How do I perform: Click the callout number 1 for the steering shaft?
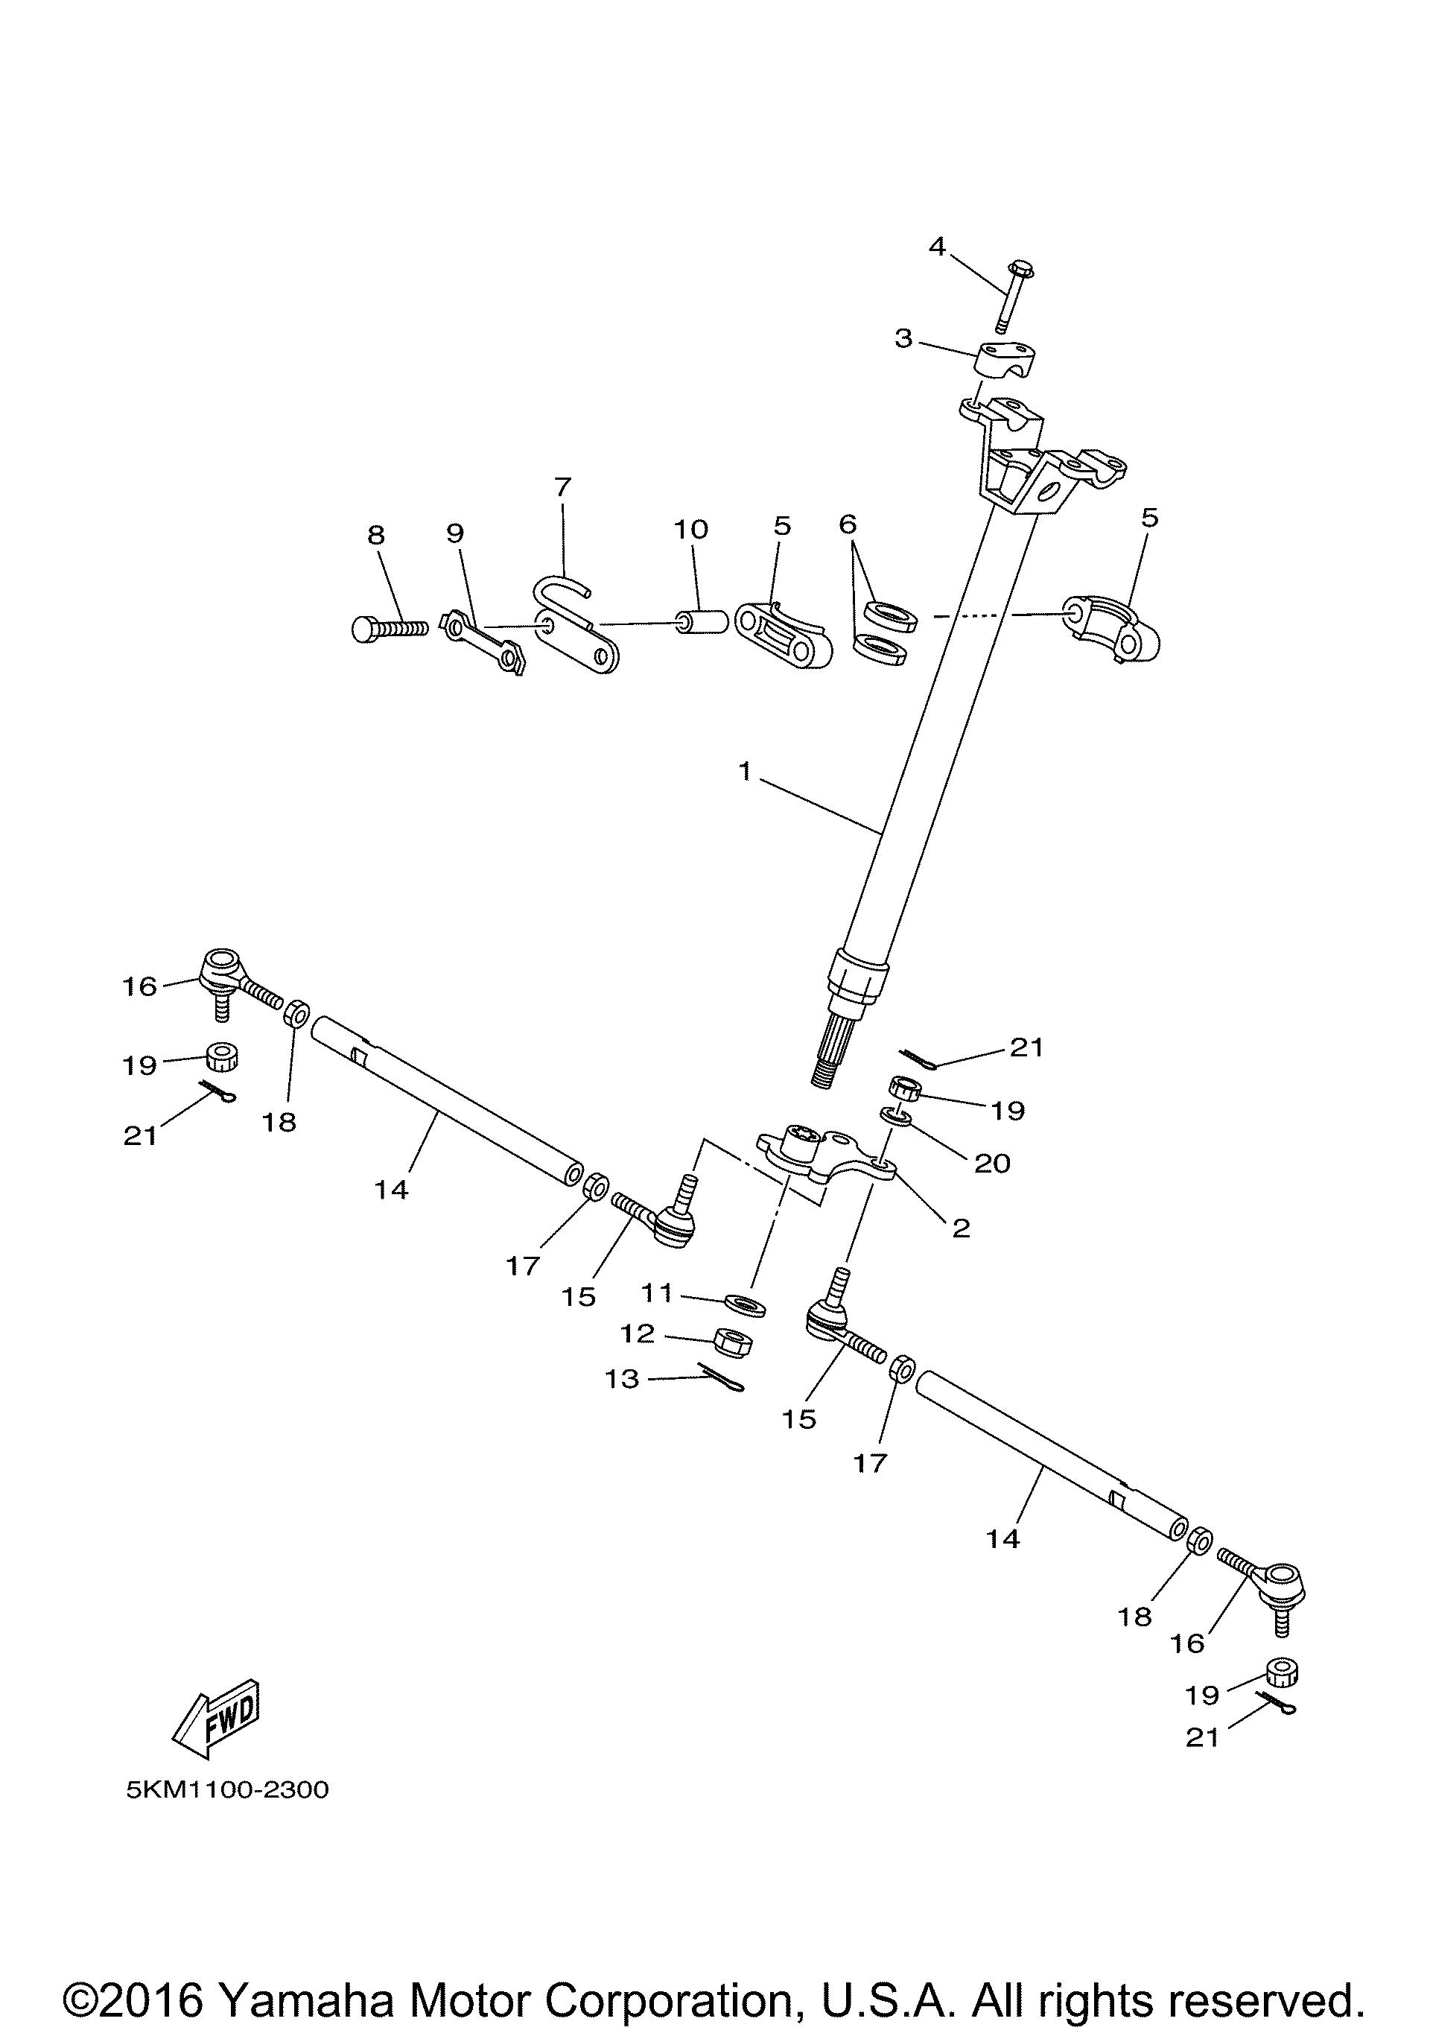click(x=745, y=773)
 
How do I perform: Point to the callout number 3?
click(x=903, y=339)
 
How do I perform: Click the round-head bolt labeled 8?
click(x=388, y=629)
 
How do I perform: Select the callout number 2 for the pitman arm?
click(x=961, y=1228)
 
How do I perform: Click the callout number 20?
click(x=992, y=1164)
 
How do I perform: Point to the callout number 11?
click(x=657, y=1294)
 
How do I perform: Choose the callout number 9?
click(x=455, y=533)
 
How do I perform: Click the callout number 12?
click(x=638, y=1333)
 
